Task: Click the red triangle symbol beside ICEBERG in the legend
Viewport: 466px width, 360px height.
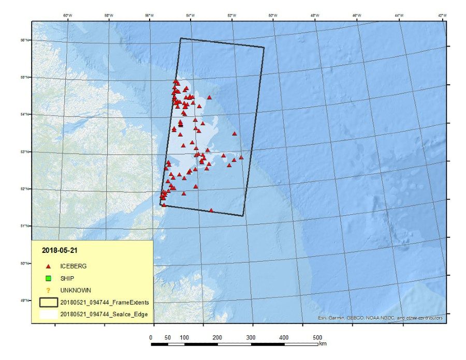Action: [48, 266]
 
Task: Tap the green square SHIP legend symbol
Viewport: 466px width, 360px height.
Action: [48, 278]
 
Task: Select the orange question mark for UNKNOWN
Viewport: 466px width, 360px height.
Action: [48, 290]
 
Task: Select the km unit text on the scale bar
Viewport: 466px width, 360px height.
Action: [323, 343]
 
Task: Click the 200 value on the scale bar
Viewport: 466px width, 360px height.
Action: [217, 338]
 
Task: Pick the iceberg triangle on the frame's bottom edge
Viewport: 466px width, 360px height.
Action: [211, 211]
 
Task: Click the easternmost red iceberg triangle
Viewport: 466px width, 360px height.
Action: [241, 157]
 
